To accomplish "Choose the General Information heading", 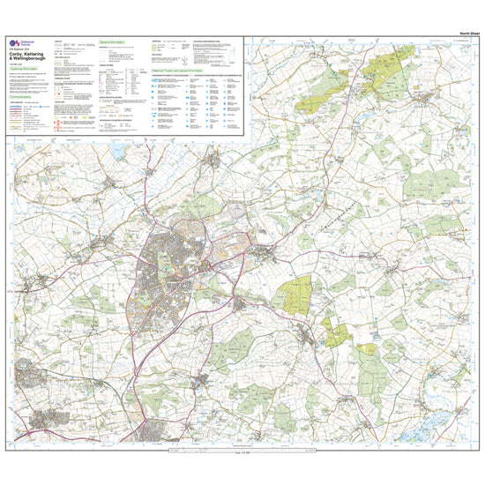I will pyautogui.click(x=116, y=41).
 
